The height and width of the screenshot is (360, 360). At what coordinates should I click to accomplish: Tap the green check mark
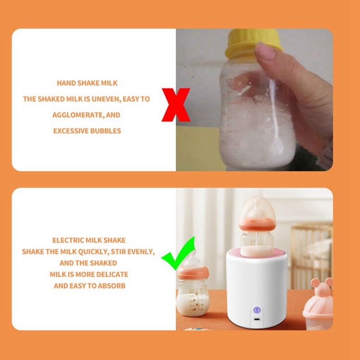point(179,254)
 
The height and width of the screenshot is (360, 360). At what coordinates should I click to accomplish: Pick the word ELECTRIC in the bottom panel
point(67,240)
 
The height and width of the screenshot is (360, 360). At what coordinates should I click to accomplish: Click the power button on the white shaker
point(256,310)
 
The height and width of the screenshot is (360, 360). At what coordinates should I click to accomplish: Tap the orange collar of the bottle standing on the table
point(193,272)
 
